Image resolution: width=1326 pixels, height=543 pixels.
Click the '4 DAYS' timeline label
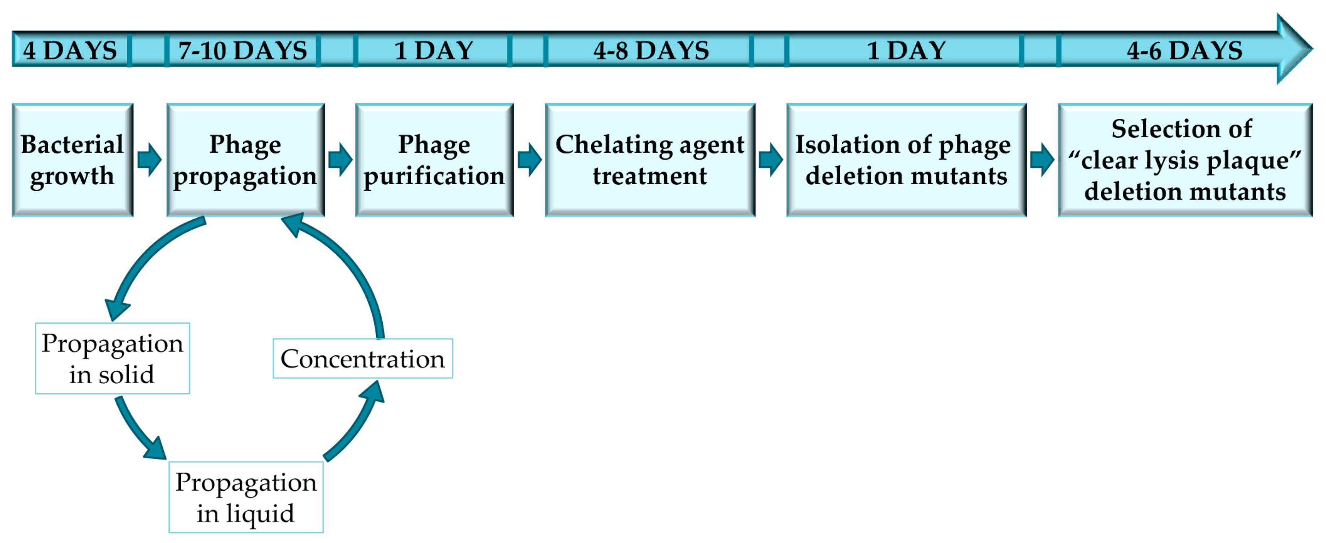[x=70, y=51]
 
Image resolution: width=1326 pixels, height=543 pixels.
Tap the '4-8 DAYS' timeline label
[x=651, y=51]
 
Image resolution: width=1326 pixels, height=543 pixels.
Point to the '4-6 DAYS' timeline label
[x=1184, y=51]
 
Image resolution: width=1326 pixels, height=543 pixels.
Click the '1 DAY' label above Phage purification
[x=433, y=51]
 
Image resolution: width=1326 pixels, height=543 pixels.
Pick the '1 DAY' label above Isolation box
[x=906, y=51]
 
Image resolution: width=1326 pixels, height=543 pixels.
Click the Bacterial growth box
[x=73, y=160]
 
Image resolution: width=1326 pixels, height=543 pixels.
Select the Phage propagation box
[x=245, y=160]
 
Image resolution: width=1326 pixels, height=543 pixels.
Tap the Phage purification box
[x=434, y=160]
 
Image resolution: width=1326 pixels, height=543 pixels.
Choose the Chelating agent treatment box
[x=650, y=160]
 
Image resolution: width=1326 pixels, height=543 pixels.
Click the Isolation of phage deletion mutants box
[x=906, y=160]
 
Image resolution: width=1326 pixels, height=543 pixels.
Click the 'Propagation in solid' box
[x=112, y=358]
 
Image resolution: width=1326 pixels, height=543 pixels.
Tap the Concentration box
[x=362, y=358]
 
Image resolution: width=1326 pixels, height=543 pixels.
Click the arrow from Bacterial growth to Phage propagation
[x=150, y=160]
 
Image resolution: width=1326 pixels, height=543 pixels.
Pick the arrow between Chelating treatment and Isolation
[x=771, y=160]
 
